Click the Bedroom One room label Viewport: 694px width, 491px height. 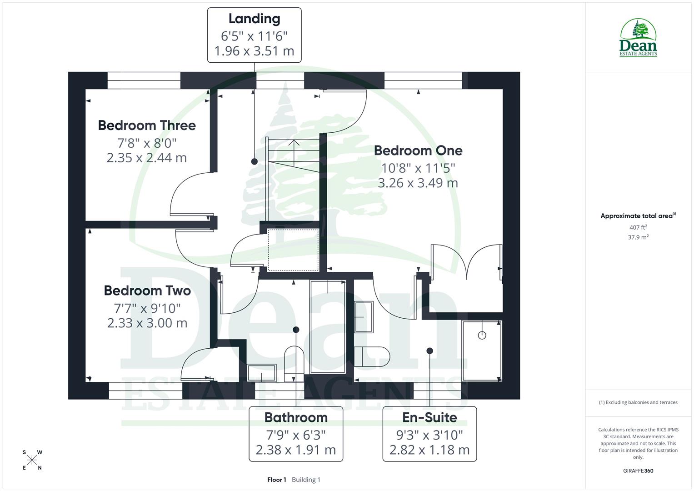[x=418, y=150]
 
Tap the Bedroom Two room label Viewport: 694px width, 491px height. [x=147, y=291]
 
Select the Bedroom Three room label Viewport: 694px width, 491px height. [x=147, y=125]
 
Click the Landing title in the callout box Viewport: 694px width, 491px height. [x=254, y=19]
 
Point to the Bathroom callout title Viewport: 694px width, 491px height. [x=296, y=417]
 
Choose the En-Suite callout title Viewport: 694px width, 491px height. [x=429, y=417]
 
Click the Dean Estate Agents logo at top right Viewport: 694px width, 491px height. [x=638, y=38]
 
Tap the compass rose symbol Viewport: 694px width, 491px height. [x=32, y=460]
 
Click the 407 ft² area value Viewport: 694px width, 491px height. [x=638, y=227]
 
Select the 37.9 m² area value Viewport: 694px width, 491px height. [x=638, y=237]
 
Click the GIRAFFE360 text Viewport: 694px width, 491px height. [x=638, y=471]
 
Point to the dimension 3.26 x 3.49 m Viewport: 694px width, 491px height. [x=418, y=183]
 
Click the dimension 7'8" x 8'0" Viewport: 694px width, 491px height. [x=147, y=143]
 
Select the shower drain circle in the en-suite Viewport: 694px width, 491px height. [x=482, y=336]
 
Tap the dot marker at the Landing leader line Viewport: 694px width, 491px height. [x=254, y=161]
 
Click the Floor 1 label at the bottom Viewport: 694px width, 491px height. [x=276, y=480]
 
